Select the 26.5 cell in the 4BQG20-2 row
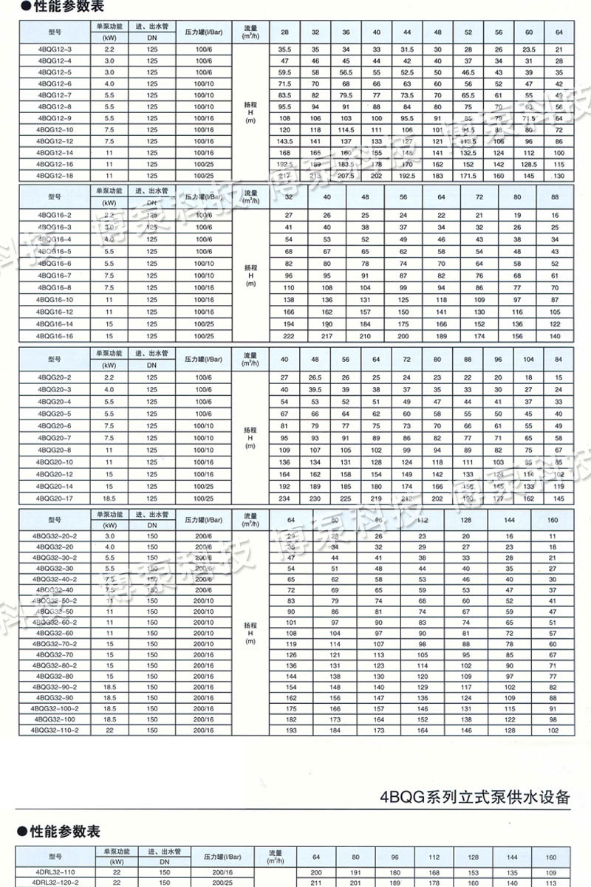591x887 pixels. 315,378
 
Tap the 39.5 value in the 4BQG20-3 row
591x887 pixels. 315,389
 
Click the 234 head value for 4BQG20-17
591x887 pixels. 284,499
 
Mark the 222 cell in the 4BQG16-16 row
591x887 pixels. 289,336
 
